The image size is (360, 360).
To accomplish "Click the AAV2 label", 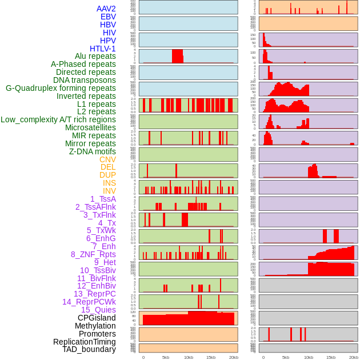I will [106, 9].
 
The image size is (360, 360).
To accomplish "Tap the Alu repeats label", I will [95, 57].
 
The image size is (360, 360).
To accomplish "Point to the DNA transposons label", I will [85, 80].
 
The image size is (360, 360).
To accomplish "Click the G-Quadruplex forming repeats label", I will [61, 88].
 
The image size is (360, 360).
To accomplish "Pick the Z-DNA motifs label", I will [93, 151].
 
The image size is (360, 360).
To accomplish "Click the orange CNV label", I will [107, 159].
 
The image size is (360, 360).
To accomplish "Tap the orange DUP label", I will [107, 175].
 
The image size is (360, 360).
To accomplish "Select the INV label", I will [109, 191].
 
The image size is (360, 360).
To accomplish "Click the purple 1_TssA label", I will [103, 199].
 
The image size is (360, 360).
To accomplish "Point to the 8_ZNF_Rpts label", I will [93, 254].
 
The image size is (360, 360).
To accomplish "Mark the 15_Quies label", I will [98, 310].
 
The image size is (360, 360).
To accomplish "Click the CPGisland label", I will [97, 318].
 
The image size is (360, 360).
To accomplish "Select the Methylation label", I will [95, 326].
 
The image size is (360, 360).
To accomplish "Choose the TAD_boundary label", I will [89, 349].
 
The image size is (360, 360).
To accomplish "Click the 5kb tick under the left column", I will [166, 357].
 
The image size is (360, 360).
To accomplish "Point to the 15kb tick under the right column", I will [331, 357].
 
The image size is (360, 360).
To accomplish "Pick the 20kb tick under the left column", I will [233, 357].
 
